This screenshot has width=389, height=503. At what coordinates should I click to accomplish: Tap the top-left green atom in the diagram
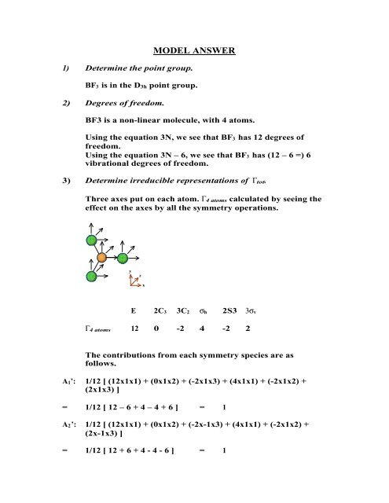point(91,240)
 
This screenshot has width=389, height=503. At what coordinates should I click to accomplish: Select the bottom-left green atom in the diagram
point(91,276)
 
